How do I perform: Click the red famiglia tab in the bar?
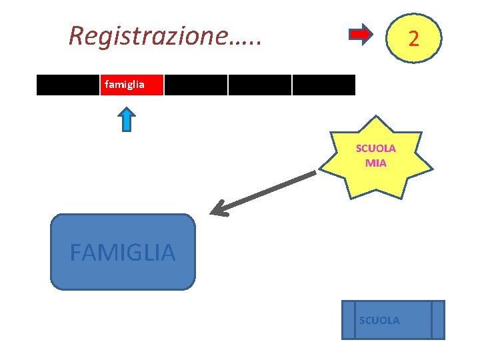pyautogui.click(x=132, y=85)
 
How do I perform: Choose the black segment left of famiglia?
pyautogui.click(x=68, y=85)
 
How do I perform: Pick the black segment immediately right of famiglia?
pyautogui.click(x=196, y=85)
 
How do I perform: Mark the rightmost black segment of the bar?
pyautogui.click(x=323, y=85)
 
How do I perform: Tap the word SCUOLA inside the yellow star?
pyautogui.click(x=376, y=148)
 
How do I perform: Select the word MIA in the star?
pyautogui.click(x=376, y=162)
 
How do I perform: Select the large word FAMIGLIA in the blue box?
pyautogui.click(x=123, y=253)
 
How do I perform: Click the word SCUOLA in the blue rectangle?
pyautogui.click(x=379, y=321)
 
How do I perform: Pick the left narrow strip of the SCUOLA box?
pyautogui.click(x=348, y=320)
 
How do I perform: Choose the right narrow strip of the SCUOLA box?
pyautogui.click(x=437, y=320)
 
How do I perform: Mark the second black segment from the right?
pyautogui.click(x=260, y=85)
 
